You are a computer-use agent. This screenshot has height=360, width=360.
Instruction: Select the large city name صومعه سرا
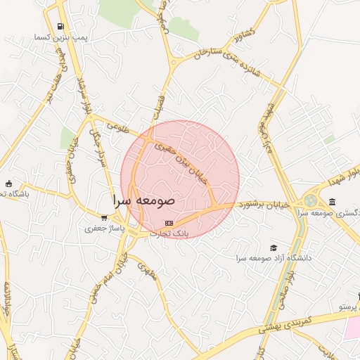pyautogui.click(x=143, y=200)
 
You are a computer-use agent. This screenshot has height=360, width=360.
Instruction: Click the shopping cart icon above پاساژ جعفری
pyautogui.click(x=104, y=217)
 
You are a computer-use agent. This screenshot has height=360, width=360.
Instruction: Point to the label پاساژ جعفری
pyautogui.click(x=104, y=228)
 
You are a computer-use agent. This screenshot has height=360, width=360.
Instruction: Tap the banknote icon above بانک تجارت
pyautogui.click(x=167, y=222)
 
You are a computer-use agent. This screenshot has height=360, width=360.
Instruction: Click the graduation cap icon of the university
pyautogui.click(x=273, y=247)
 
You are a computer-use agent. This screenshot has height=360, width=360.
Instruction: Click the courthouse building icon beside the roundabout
pyautogui.click(x=332, y=202)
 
